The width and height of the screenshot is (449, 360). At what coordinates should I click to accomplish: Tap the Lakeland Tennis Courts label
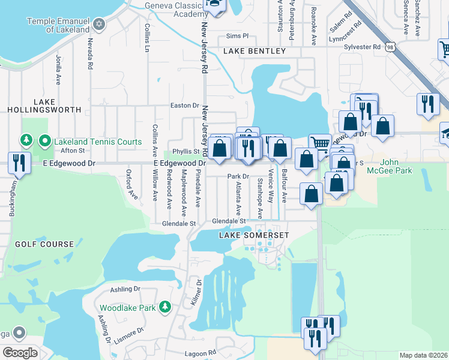point(97,142)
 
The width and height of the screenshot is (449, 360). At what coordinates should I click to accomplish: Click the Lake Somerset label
point(253,235)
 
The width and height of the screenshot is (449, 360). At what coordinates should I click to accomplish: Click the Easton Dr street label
point(184,105)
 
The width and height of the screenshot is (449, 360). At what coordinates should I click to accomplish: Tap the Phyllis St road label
point(186,152)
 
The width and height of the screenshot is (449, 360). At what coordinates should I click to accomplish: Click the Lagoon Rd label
point(200,353)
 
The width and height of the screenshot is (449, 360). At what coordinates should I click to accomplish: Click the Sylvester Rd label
point(362,46)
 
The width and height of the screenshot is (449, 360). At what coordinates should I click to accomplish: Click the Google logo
point(20,353)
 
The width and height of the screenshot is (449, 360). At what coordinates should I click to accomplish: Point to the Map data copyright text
point(423,355)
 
